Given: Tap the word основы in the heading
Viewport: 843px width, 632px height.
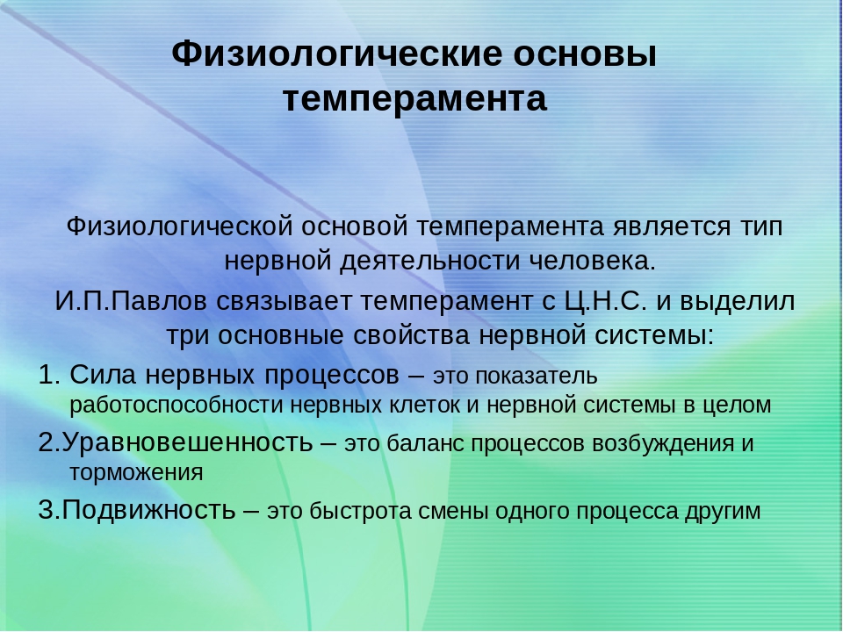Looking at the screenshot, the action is pos(585,54).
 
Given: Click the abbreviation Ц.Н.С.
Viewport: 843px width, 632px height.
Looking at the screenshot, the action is pos(605,301).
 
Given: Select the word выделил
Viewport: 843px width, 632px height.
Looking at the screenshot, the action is pos(737,302).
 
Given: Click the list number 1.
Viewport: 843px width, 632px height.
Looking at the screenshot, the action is pos(49,375).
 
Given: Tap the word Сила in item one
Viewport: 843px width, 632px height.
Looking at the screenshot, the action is pos(103,375).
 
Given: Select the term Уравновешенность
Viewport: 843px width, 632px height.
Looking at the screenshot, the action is pos(187,442).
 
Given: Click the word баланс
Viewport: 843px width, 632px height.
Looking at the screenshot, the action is pos(425,443).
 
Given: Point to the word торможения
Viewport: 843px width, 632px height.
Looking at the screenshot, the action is pos(137,473).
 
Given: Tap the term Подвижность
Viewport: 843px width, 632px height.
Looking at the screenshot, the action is pos(148,509).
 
